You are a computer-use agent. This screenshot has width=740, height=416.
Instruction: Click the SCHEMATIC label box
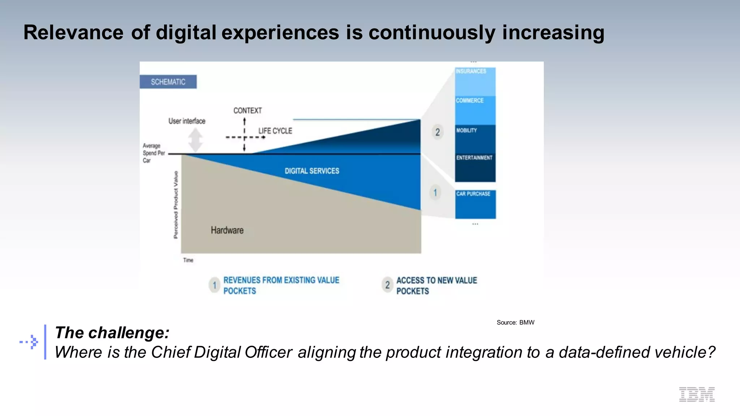click(168, 82)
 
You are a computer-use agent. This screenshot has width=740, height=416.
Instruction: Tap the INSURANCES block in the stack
click(475, 81)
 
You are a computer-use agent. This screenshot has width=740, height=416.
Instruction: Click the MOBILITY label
click(466, 130)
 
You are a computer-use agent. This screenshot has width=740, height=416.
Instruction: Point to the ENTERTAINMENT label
click(474, 158)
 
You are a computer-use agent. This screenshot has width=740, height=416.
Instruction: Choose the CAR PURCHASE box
click(475, 204)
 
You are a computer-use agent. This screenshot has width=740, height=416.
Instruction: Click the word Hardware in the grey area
click(227, 230)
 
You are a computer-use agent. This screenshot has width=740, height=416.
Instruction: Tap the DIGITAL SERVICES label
click(312, 171)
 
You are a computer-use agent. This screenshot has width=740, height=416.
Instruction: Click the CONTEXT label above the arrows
click(248, 110)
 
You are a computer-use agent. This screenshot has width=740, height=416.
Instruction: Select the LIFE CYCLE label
click(275, 131)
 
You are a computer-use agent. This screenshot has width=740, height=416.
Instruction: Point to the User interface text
click(187, 121)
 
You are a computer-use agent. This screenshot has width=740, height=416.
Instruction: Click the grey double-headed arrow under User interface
click(195, 140)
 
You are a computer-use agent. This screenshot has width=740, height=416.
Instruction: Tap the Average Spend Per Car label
click(153, 153)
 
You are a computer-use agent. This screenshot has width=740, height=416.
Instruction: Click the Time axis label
click(188, 260)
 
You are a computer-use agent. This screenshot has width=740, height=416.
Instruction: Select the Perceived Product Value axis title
click(176, 205)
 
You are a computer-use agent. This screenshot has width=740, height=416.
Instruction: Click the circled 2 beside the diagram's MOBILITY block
click(437, 132)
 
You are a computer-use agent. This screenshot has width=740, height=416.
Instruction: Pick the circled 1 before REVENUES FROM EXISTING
click(214, 285)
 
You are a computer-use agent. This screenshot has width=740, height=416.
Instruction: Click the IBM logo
click(697, 394)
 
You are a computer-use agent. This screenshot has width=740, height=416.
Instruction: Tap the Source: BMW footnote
click(515, 322)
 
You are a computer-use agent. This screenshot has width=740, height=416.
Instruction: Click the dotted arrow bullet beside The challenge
click(29, 342)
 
